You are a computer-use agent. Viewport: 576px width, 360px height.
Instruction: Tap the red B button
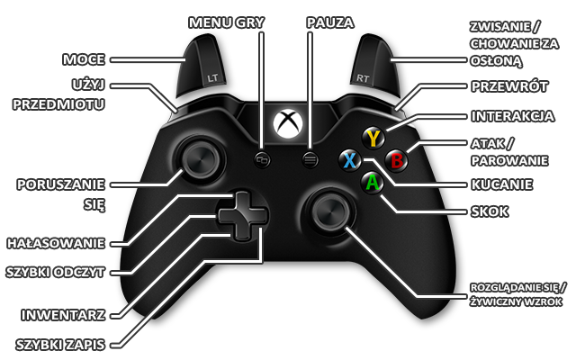pyautogui.click(x=396, y=159)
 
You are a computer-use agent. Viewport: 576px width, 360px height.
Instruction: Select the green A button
pyautogui.click(x=371, y=182)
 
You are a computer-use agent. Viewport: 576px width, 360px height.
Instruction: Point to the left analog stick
pyautogui.click(x=196, y=160)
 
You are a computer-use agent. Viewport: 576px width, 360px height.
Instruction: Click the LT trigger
pyautogui.click(x=210, y=72)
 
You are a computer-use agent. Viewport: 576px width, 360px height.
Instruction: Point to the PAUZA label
pyautogui.click(x=330, y=21)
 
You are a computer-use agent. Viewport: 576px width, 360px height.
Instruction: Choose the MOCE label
pyautogui.click(x=83, y=60)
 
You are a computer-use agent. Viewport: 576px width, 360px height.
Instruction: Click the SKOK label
pyautogui.click(x=490, y=211)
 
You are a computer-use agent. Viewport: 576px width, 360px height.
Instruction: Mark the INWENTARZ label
pyautogui.click(x=67, y=315)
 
